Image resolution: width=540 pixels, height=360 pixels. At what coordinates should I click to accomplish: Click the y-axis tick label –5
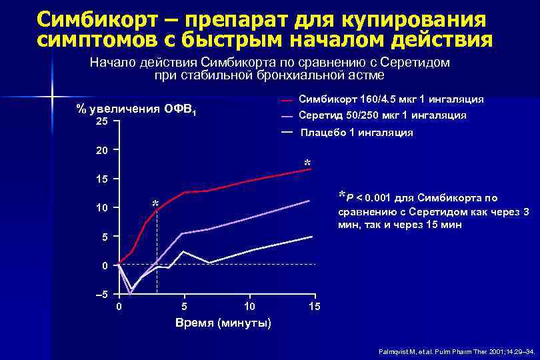pyautogui.click(x=101, y=295)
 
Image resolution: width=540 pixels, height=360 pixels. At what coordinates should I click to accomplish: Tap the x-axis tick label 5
pyautogui.click(x=185, y=307)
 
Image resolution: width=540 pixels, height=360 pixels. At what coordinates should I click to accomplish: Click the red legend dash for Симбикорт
pyautogui.click(x=286, y=101)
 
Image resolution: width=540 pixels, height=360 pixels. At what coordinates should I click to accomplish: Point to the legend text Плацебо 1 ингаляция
pyautogui.click(x=357, y=133)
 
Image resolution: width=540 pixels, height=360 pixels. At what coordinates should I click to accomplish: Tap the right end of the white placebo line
pyautogui.click(x=311, y=237)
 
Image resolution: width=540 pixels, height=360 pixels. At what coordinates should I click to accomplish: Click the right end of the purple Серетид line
pyautogui.click(x=309, y=201)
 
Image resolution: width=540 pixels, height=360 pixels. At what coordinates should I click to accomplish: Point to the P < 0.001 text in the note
pyautogui.click(x=367, y=197)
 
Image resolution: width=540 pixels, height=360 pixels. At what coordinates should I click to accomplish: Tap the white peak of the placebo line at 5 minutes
pyautogui.click(x=184, y=252)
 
